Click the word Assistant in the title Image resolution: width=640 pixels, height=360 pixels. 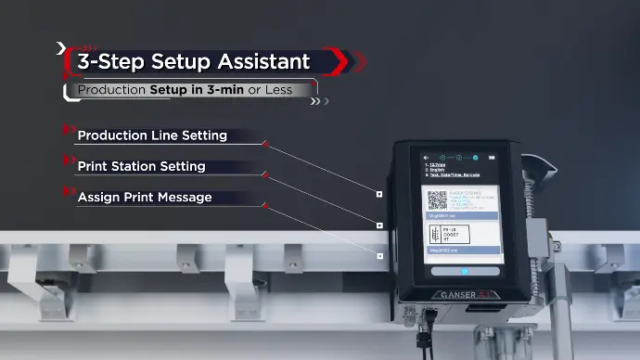click(x=262, y=62)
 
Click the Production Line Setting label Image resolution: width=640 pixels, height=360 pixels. click(x=152, y=135)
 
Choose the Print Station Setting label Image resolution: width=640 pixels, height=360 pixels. click(x=141, y=167)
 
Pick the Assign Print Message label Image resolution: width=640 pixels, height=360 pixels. click(x=145, y=198)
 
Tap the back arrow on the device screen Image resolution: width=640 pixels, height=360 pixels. click(x=426, y=158)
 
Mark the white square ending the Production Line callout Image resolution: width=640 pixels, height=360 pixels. click(x=379, y=194)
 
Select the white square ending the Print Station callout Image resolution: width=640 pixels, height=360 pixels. click(x=379, y=225)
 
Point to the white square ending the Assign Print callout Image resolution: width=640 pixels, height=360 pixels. click(x=379, y=255)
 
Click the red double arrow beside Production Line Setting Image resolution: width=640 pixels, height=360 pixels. click(x=67, y=129)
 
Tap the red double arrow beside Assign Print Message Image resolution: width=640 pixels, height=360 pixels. click(x=67, y=191)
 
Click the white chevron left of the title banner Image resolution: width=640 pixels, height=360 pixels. click(x=61, y=47)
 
